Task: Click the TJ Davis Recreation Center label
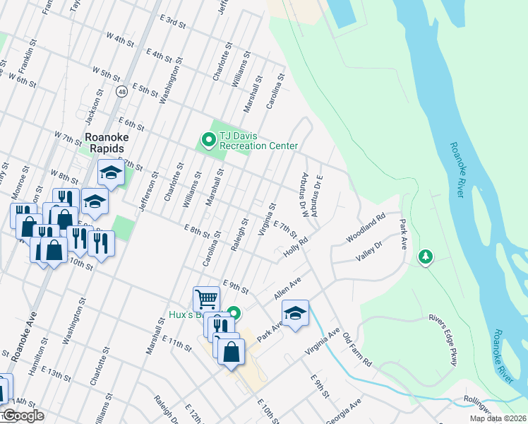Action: tap(258, 141)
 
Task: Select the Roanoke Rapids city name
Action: tap(104, 143)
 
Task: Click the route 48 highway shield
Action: tap(123, 91)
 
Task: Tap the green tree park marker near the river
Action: tap(425, 257)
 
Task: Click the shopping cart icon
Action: tap(206, 298)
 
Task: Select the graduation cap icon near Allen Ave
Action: tap(295, 313)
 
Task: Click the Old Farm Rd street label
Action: tap(357, 350)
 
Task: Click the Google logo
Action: tap(23, 416)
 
